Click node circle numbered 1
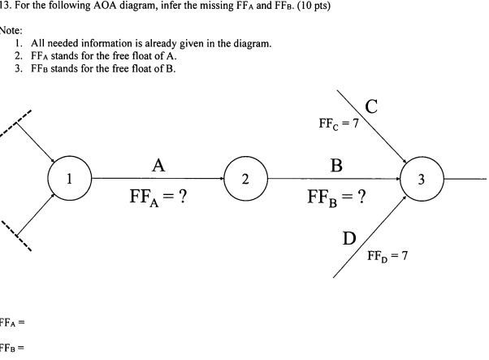pyautogui.click(x=69, y=180)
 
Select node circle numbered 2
pyautogui.click(x=245, y=180)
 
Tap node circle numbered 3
pyautogui.click(x=422, y=180)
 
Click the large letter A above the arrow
pyautogui.click(x=159, y=165)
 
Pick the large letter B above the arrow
pyautogui.click(x=336, y=165)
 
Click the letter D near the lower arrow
pyautogui.click(x=349, y=238)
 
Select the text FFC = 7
pyautogui.click(x=339, y=124)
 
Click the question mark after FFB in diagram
pyautogui.click(x=361, y=197)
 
